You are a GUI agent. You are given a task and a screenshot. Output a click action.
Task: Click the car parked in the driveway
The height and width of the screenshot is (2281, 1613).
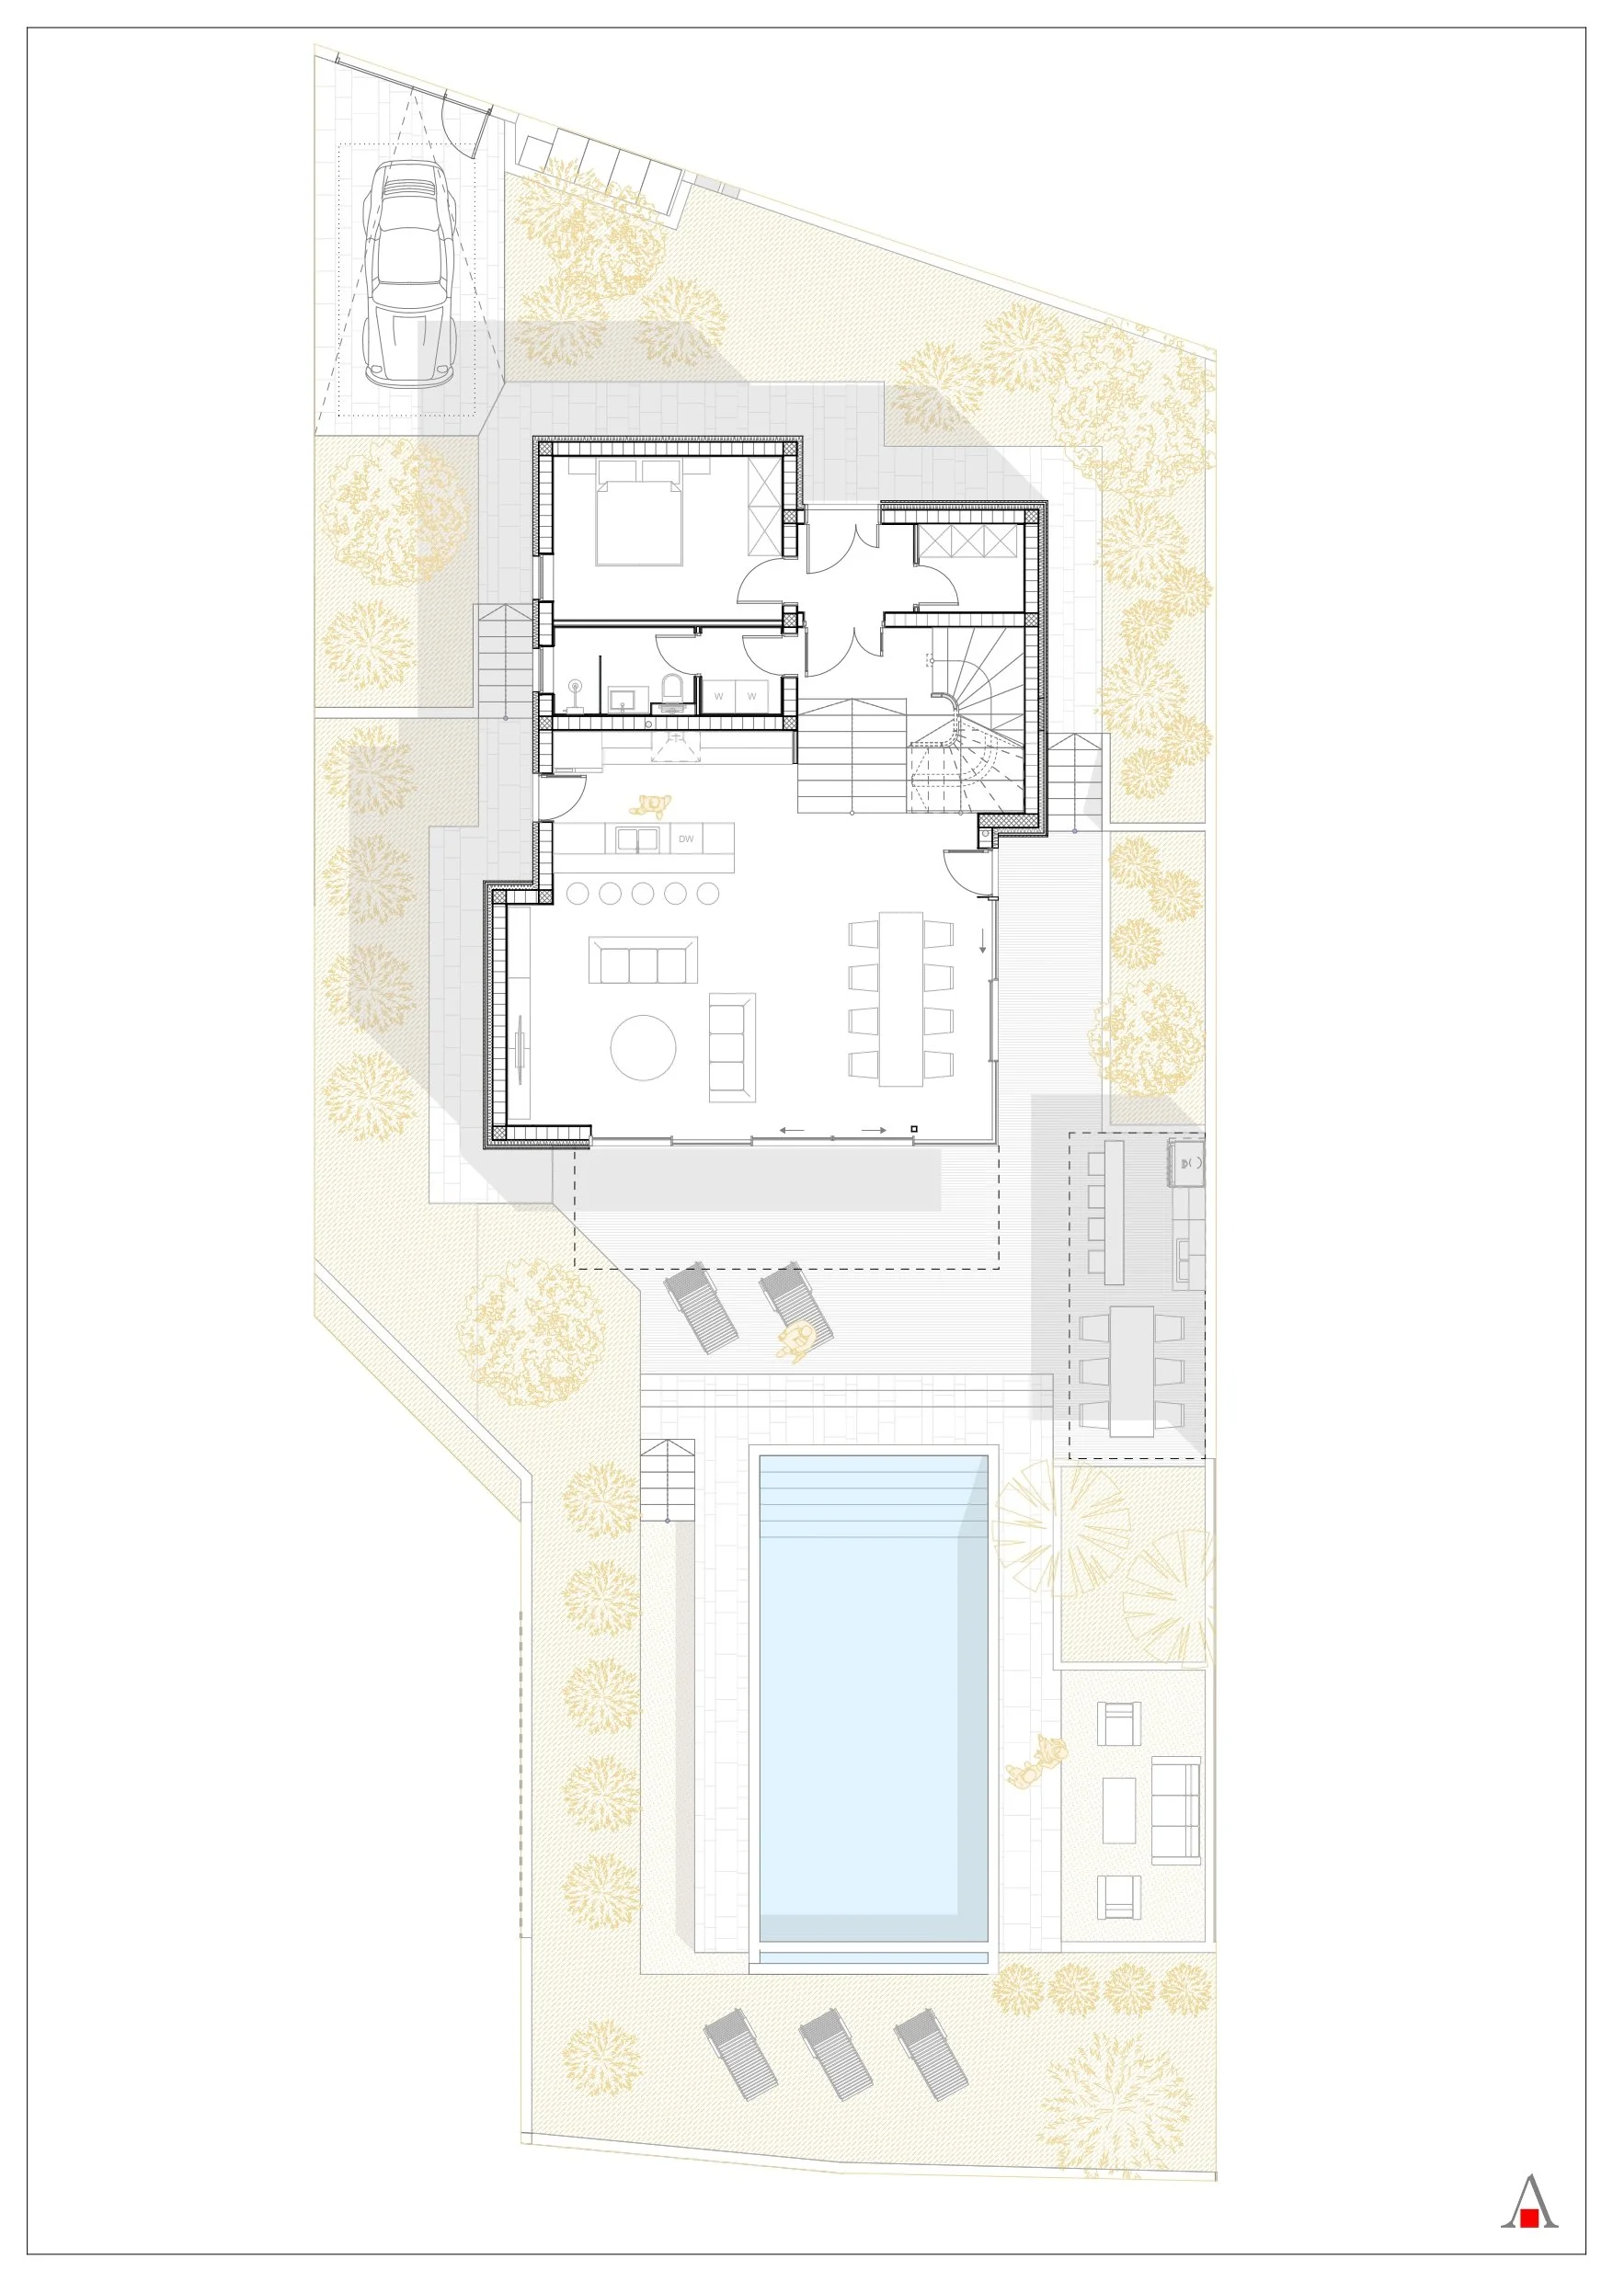(x=406, y=275)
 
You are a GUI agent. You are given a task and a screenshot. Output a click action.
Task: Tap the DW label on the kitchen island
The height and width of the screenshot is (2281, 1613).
(x=686, y=839)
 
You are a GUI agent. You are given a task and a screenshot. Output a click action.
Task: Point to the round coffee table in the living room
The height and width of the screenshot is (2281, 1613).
(x=643, y=1047)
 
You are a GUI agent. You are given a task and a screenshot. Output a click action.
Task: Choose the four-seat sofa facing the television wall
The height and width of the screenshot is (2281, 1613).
(x=643, y=961)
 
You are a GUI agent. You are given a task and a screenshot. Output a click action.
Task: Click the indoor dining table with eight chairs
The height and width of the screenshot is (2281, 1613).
(x=901, y=998)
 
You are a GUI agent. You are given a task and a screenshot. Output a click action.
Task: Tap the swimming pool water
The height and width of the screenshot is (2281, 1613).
(x=874, y=1699)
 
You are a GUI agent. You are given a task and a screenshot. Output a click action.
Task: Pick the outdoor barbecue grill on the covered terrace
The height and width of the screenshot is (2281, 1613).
(x=1189, y=1163)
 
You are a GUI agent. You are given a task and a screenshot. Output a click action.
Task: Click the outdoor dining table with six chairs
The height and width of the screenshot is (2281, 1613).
(x=1132, y=1371)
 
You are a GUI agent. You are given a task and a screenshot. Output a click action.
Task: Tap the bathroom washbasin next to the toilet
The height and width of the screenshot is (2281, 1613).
(x=626, y=699)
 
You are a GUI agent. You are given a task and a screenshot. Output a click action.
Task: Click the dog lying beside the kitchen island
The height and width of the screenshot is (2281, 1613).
(x=651, y=804)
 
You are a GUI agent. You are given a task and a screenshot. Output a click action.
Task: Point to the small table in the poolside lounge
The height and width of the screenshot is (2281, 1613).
(x=1119, y=1810)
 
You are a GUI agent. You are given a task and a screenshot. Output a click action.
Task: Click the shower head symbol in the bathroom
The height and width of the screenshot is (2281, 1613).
(x=576, y=688)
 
